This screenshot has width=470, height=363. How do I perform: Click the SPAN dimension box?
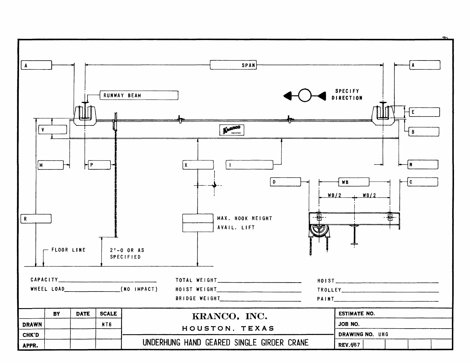tap(233, 65)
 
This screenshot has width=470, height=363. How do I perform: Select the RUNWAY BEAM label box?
tap(139, 95)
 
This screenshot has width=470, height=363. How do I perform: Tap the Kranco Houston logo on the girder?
tap(232, 130)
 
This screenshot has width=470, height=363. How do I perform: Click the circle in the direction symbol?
tap(305, 95)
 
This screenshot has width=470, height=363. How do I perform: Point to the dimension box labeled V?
tap(53, 130)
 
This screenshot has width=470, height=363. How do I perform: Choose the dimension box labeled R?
tap(36, 219)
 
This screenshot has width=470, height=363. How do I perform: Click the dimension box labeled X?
tap(198, 165)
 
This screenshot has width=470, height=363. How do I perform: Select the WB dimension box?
tap(354, 182)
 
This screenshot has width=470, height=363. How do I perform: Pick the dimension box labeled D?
tap(285, 182)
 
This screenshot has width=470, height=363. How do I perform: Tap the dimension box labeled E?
tap(424, 112)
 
